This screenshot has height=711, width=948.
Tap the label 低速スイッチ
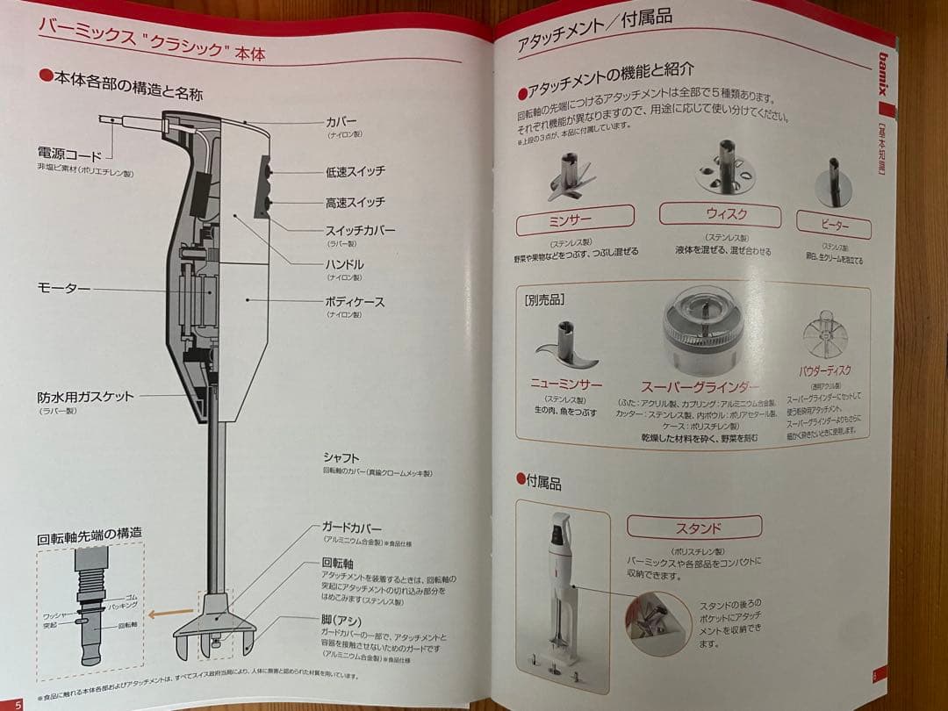click(x=355, y=171)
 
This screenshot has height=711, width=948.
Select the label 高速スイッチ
click(x=355, y=203)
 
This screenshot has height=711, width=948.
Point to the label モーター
click(x=63, y=287)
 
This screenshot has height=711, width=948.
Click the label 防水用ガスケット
click(x=85, y=396)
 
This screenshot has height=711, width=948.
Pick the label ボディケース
click(x=355, y=301)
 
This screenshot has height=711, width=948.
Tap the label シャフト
click(x=341, y=458)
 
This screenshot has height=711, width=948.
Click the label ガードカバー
click(x=352, y=528)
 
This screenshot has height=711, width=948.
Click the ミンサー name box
click(x=575, y=219)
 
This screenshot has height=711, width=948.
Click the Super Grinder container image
click(x=703, y=332)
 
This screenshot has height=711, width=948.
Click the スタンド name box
click(x=698, y=528)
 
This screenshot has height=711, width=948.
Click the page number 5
click(x=18, y=702)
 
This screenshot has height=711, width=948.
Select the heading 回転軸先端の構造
click(x=89, y=533)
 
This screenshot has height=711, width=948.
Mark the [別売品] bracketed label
click(x=543, y=299)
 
